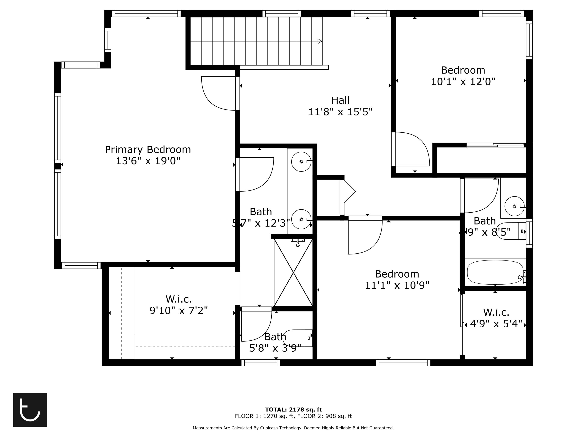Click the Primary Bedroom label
click(x=148, y=150)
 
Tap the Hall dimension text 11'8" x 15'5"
click(x=340, y=112)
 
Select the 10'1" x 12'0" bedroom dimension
click(x=463, y=82)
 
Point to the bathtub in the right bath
click(x=495, y=272)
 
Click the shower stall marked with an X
click(x=293, y=272)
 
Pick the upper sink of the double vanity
click(x=301, y=162)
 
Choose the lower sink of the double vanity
click(x=301, y=219)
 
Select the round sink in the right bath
click(x=514, y=206)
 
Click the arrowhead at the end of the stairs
click(x=320, y=41)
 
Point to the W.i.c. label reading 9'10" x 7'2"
click(x=179, y=305)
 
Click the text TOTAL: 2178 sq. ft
click(x=293, y=409)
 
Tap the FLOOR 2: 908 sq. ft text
click(x=324, y=416)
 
